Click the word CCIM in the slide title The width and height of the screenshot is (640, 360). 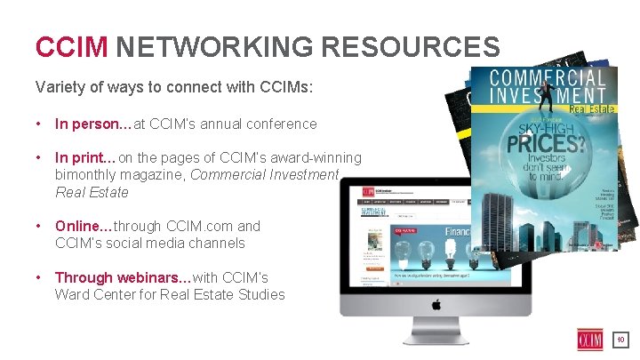[71, 46]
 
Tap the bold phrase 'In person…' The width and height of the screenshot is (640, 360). [92, 124]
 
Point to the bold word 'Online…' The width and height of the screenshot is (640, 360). [83, 227]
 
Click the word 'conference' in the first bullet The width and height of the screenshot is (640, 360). [284, 124]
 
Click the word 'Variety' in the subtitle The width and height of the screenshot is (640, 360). [58, 88]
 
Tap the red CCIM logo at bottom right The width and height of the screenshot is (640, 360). [588, 340]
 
